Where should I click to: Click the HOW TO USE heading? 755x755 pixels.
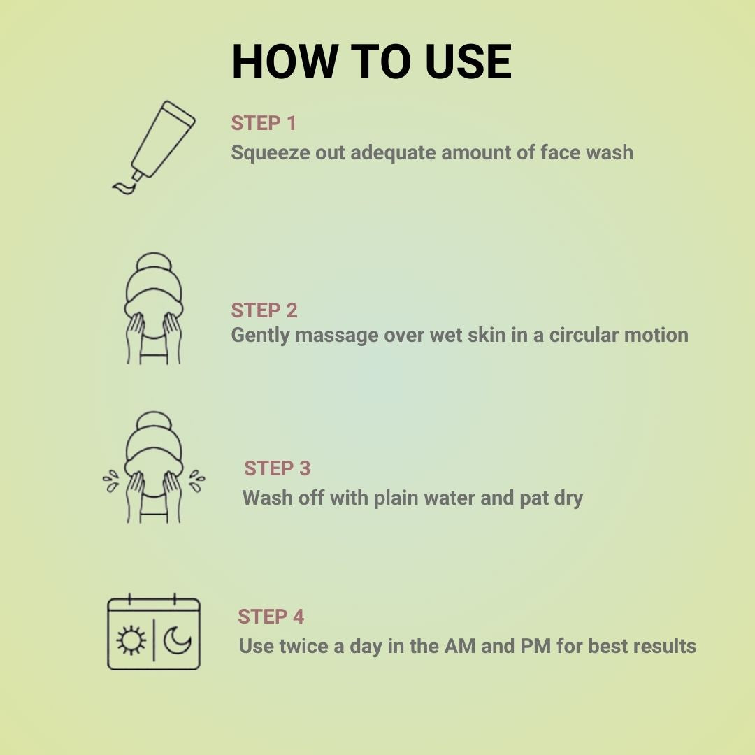coord(371,62)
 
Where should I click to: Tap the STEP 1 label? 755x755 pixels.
coord(264,123)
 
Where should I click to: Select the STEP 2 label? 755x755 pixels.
coord(264,310)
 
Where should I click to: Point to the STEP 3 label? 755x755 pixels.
coord(277,468)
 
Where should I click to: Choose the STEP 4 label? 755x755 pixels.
coord(271,617)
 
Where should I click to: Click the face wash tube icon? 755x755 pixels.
coord(154,147)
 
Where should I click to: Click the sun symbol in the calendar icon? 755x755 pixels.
coord(131,640)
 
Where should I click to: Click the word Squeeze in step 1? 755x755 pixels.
coord(271,153)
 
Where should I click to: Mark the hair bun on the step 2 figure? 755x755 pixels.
coord(154,264)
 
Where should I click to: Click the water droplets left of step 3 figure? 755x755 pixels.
coord(111,480)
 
